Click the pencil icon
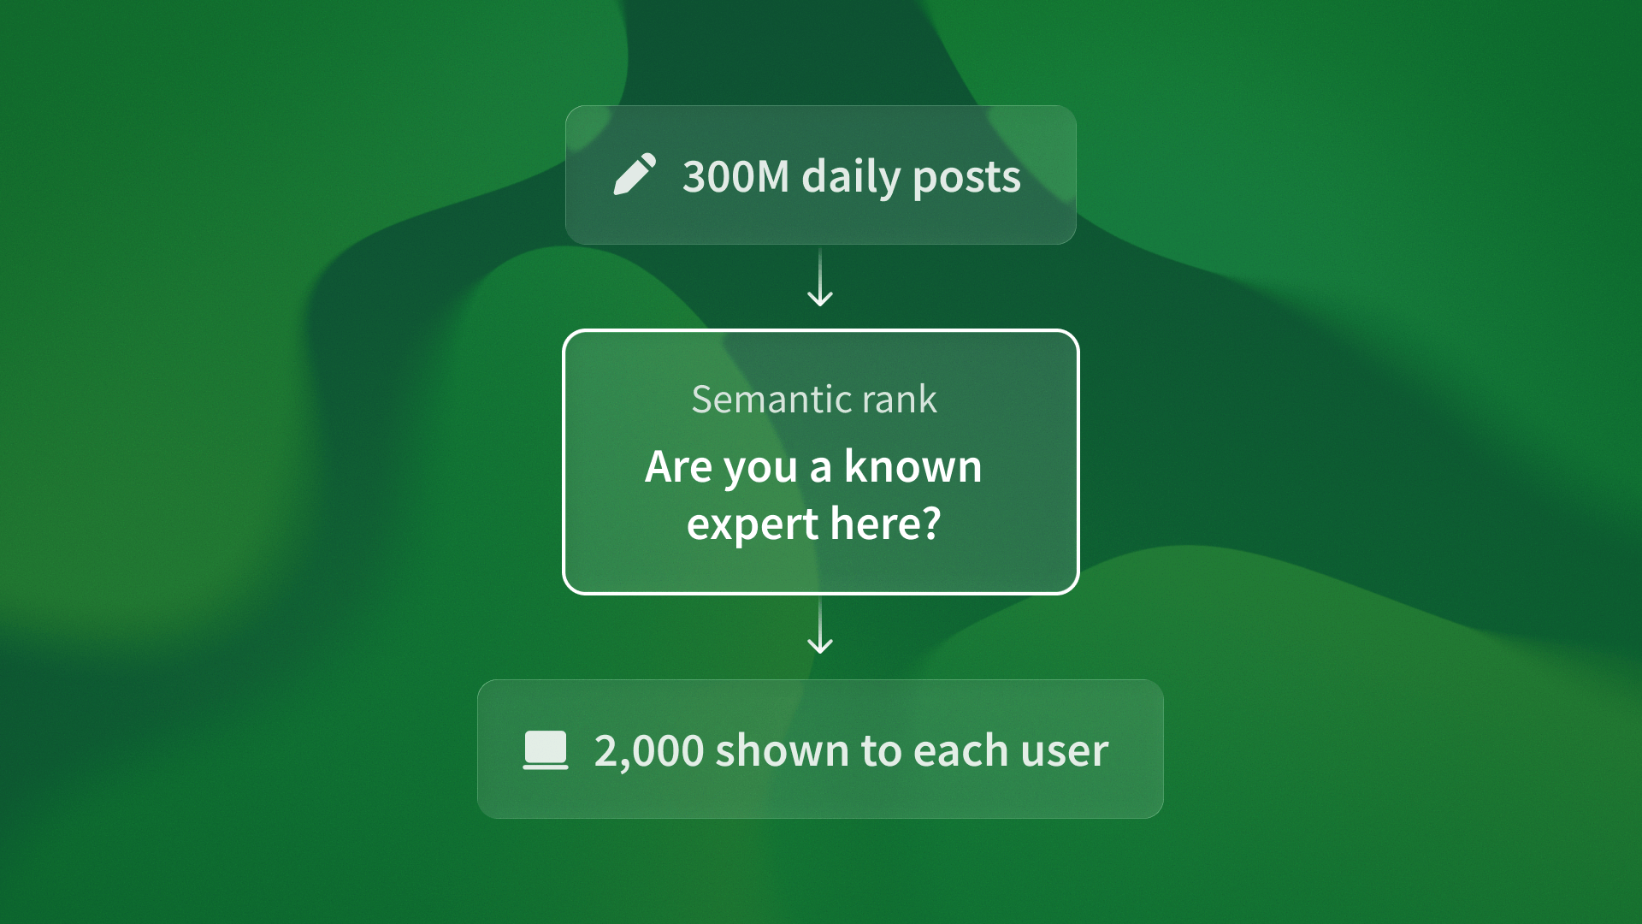coord(635,175)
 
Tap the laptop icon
coord(546,750)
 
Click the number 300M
coord(735,176)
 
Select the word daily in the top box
coord(851,178)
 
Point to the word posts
coord(966,178)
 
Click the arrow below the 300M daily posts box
coord(820,279)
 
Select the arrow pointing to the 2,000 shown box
coord(820,627)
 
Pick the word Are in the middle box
coord(678,467)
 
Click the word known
coord(913,467)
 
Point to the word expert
coord(752,524)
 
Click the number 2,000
coord(648,751)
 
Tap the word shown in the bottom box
coord(782,750)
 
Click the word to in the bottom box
coord(881,750)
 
